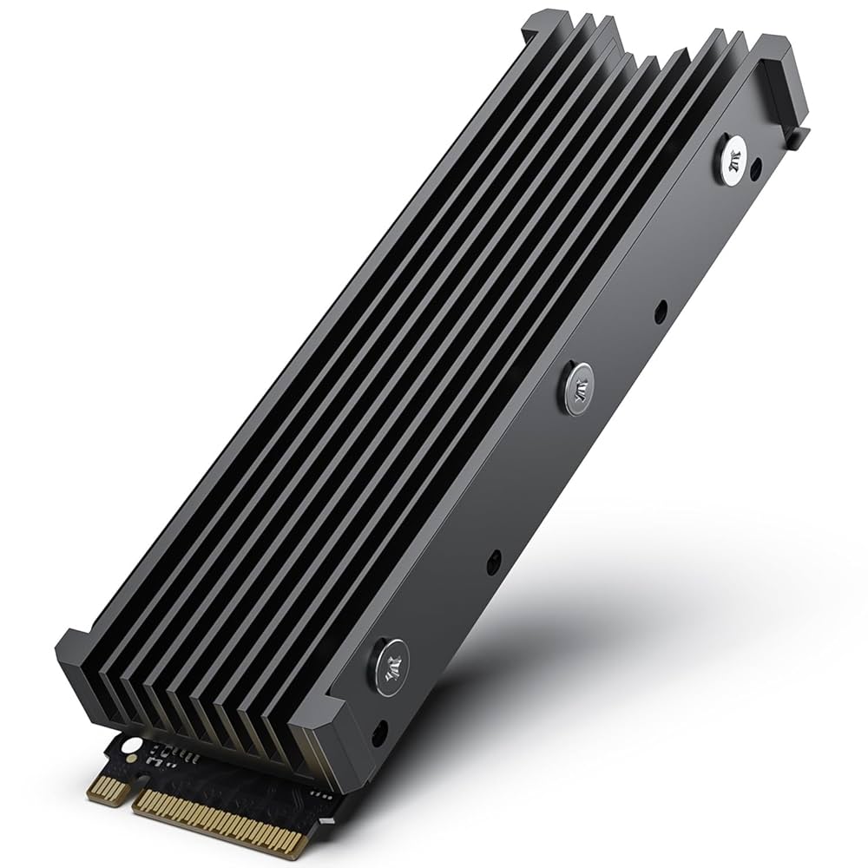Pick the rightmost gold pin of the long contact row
[299, 845]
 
